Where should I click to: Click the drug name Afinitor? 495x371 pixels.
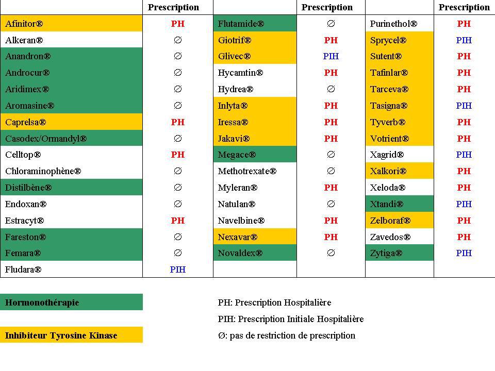[24, 24]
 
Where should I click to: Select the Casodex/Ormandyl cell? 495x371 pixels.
[46, 139]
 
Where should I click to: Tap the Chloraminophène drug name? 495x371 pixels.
[43, 171]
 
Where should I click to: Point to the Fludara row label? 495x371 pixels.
[23, 269]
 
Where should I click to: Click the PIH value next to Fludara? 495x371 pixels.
[177, 269]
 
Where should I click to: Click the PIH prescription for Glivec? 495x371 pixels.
[331, 56]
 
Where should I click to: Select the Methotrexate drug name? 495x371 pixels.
[247, 171]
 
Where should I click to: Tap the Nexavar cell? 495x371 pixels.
[237, 237]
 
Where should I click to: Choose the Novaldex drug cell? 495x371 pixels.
[240, 253]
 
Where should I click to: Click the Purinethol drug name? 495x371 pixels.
[393, 24]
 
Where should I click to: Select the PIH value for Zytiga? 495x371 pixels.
[464, 253]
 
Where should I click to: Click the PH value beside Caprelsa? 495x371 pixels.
[177, 122]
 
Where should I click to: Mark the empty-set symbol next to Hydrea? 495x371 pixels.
[331, 89]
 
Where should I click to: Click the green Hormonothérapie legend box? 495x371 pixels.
[71, 302]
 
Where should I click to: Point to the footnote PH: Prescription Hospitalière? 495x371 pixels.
[274, 302]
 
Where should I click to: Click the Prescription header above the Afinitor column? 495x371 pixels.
[173, 7]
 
